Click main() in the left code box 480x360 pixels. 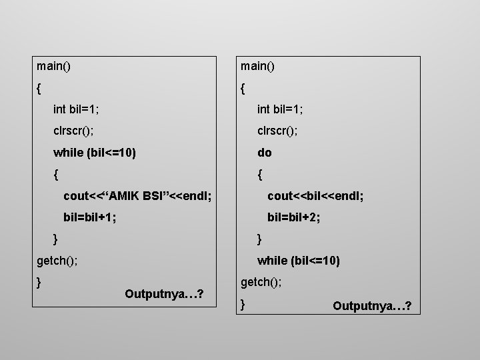55,66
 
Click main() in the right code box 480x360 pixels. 259,66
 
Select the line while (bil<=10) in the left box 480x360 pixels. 95,153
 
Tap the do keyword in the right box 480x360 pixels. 265,153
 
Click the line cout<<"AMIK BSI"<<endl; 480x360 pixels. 137,196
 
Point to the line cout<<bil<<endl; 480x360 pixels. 315,196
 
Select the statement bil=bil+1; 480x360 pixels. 89,217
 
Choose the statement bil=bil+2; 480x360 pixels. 293,217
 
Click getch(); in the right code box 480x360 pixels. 261,283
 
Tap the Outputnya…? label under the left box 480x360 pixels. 164,294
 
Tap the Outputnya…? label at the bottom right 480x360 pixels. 372,306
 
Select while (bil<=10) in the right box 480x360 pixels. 299,261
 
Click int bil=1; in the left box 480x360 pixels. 81,109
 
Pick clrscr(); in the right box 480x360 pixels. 277,131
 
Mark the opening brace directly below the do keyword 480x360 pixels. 260,175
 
